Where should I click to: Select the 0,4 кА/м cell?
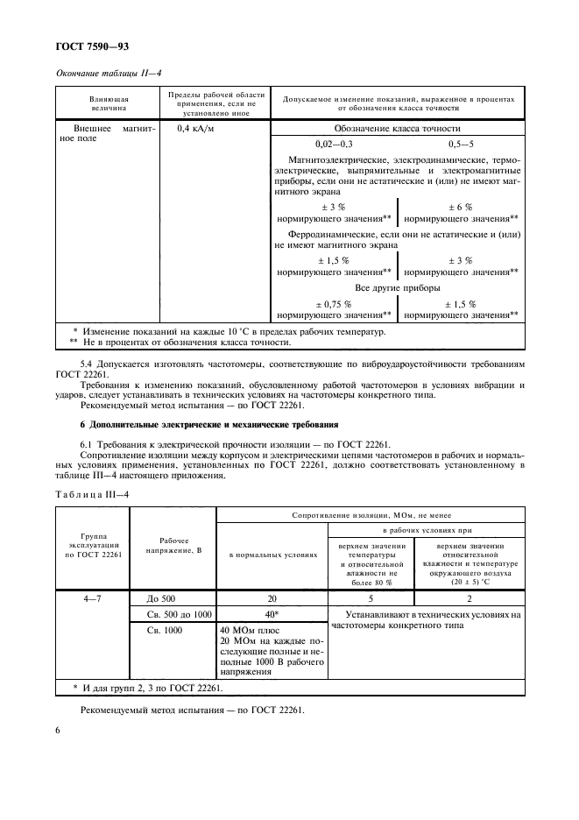[x=196, y=128]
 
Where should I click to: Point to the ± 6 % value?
[x=461, y=206]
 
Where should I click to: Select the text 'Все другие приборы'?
[x=397, y=287]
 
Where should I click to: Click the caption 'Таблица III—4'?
[x=93, y=496]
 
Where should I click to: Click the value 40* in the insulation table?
[x=272, y=613]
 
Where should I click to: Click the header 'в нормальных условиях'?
[x=272, y=555]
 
